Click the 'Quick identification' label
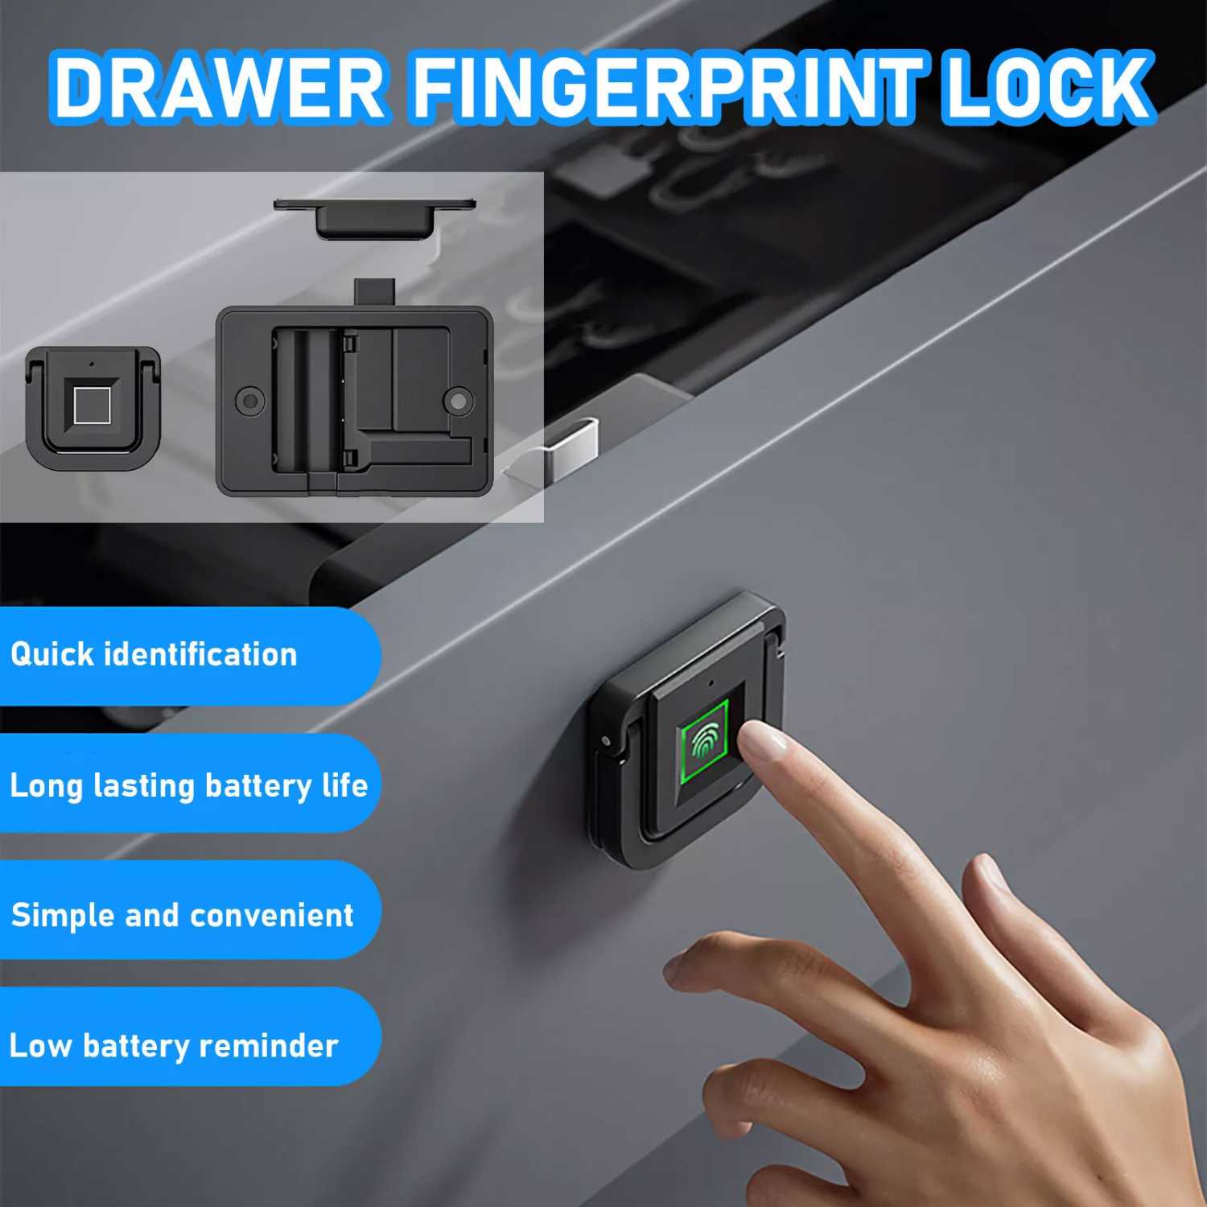[x=154, y=655]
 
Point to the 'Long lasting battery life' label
[x=188, y=785]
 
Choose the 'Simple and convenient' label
[x=182, y=916]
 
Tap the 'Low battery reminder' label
[x=174, y=1046]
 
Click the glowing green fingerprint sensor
[x=704, y=739]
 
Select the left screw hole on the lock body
[x=249, y=400]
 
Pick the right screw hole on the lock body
[x=459, y=400]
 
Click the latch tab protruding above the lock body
[x=374, y=290]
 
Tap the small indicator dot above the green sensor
[x=711, y=685]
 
